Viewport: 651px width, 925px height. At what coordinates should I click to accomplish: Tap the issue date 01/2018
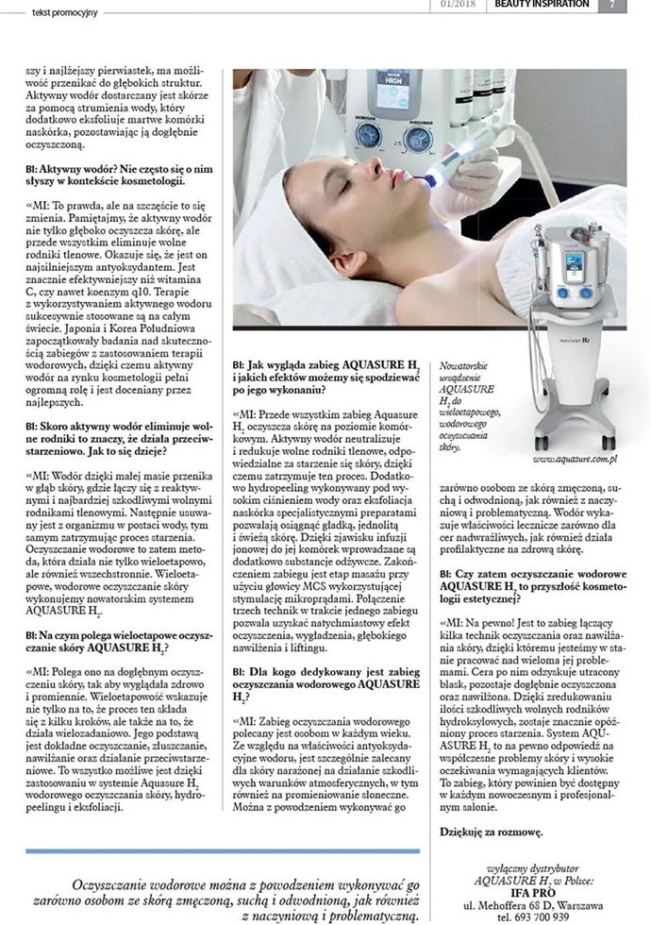[458, 5]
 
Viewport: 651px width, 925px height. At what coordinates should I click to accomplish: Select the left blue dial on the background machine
[368, 134]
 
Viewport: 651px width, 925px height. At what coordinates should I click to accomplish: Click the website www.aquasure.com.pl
[575, 459]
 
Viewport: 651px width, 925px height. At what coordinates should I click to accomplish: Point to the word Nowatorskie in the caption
[472, 363]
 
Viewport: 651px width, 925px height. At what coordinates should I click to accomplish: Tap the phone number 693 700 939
[553, 917]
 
